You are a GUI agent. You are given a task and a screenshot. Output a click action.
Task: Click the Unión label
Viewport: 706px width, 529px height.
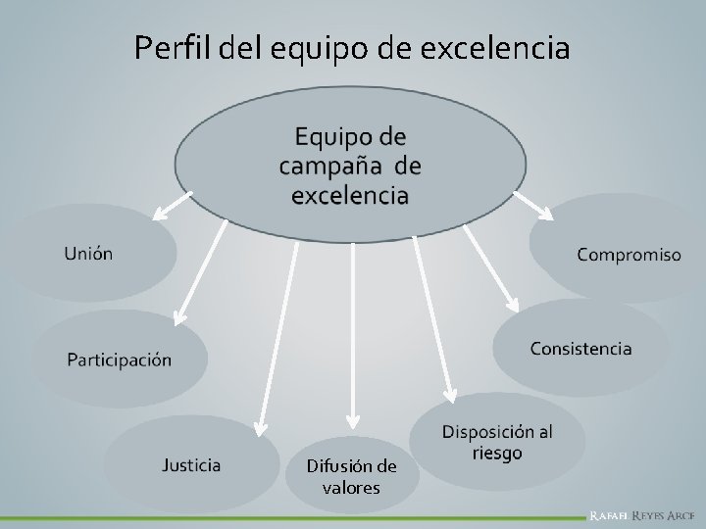point(88,254)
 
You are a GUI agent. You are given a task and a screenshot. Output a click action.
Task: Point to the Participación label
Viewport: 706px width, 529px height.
point(119,359)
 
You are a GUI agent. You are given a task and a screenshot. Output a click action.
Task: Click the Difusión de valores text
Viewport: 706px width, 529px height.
point(351,477)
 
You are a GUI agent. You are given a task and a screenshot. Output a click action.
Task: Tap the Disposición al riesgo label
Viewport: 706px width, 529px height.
point(496,442)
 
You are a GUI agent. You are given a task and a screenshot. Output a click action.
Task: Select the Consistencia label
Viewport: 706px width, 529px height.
point(580,348)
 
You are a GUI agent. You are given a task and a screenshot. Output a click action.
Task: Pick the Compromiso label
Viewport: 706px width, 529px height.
point(629,255)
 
